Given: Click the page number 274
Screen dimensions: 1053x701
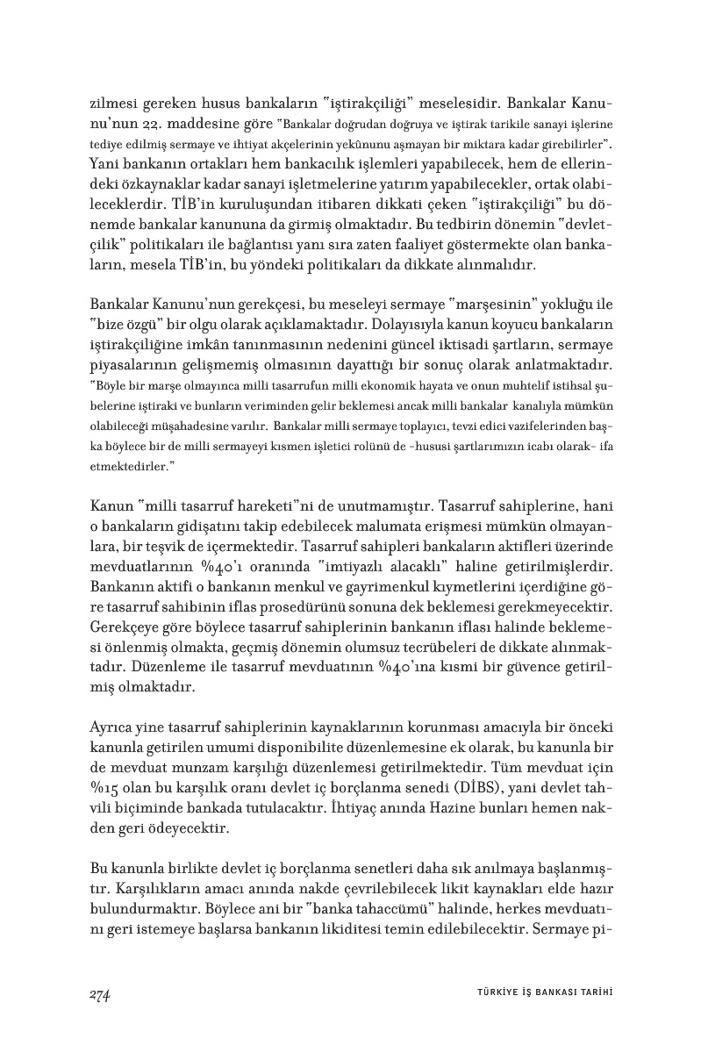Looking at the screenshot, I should (99, 993).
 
